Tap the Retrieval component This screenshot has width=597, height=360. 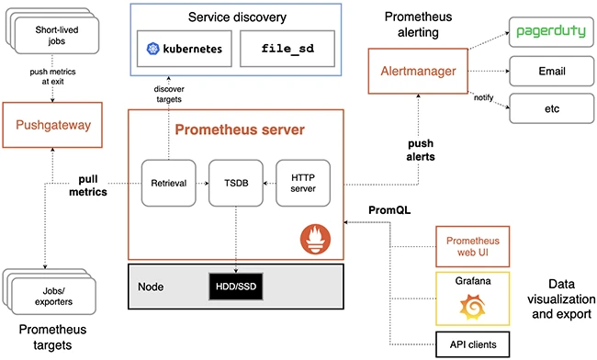[x=168, y=183]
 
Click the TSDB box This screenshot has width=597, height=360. [x=235, y=183]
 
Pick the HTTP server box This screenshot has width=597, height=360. [x=302, y=183]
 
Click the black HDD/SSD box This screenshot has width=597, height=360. [x=235, y=286]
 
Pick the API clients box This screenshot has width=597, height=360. [x=469, y=343]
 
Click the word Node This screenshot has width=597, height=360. [x=152, y=286]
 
